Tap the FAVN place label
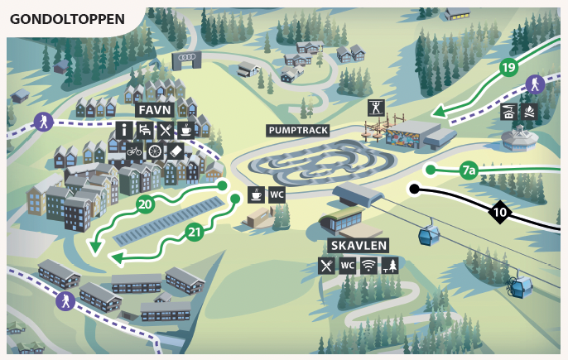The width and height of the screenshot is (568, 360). click(x=155, y=110)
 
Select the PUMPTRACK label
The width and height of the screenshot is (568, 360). click(x=298, y=130)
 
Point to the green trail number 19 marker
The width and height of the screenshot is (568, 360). click(x=508, y=67)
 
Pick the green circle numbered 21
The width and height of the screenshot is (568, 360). click(x=195, y=232)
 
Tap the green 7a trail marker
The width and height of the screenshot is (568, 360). click(x=469, y=171)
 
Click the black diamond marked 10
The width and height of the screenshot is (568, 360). click(x=499, y=212)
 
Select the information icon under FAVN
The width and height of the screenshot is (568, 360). click(x=124, y=130)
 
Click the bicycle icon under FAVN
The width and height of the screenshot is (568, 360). click(x=134, y=151)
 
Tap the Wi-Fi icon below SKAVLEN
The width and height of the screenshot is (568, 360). click(x=368, y=266)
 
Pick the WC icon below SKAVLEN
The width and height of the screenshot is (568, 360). click(x=348, y=266)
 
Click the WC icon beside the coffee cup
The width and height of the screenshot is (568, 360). click(x=277, y=195)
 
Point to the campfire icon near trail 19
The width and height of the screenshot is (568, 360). click(x=529, y=111)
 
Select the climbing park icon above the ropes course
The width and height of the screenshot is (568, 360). click(x=377, y=107)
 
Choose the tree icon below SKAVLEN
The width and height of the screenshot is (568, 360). click(x=389, y=266)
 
